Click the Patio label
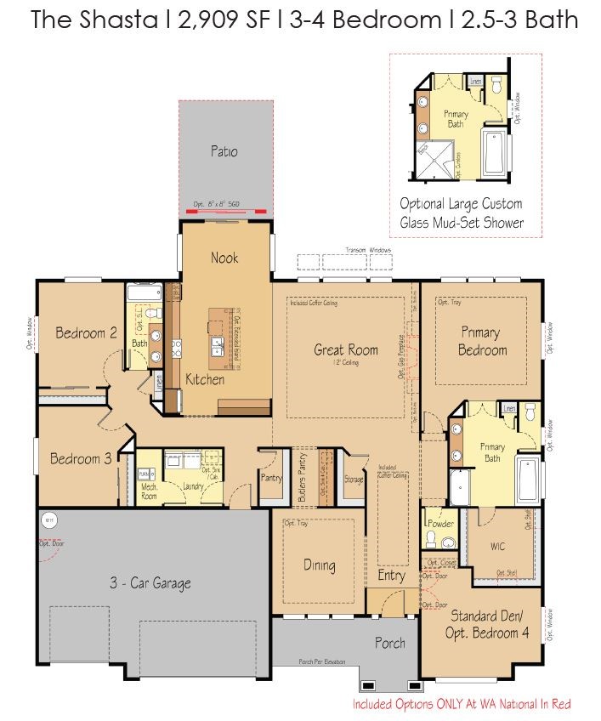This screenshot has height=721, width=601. [x=224, y=152]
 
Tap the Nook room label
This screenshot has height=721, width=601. [x=224, y=258]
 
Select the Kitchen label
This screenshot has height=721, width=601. [x=205, y=379]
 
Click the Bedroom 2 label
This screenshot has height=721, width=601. [x=86, y=333]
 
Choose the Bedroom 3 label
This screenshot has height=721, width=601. [x=81, y=459]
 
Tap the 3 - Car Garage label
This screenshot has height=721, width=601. [x=150, y=583]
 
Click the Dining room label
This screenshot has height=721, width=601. [x=320, y=565]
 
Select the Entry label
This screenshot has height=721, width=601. [x=392, y=576]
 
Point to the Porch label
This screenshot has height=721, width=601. [x=391, y=643]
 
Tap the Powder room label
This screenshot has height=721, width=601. [x=440, y=524]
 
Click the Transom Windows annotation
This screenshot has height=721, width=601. [x=368, y=250]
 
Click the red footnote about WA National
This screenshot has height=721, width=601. [x=462, y=704]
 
